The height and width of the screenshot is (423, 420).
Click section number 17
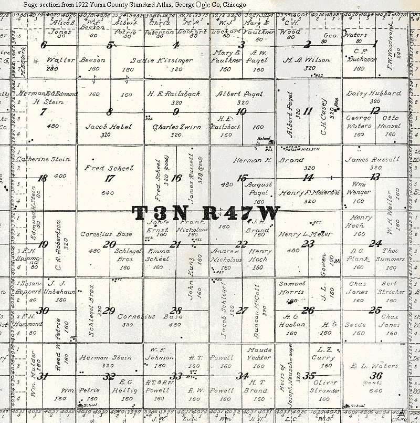tap(109, 179)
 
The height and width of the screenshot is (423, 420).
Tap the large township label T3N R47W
tap(206, 213)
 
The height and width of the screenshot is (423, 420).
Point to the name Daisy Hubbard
tap(373, 93)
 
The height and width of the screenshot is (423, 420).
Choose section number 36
tap(375, 376)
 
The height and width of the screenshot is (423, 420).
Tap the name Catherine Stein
tap(39, 159)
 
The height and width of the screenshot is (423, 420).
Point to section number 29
tap(109, 311)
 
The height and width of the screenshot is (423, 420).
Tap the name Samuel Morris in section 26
tap(291, 287)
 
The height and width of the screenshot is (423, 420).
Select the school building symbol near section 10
tap(271, 142)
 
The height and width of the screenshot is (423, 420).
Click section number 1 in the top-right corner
tap(374, 45)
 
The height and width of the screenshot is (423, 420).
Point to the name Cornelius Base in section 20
tap(106, 234)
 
